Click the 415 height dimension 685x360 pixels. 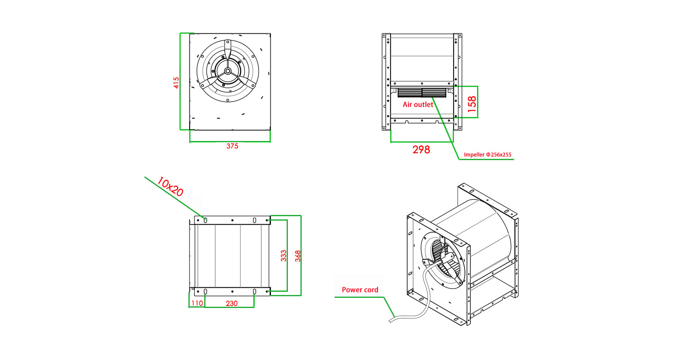(176, 82)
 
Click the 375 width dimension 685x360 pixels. (232, 146)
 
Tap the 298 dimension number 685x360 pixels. (421, 150)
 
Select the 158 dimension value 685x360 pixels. (472, 104)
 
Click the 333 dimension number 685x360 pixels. (283, 256)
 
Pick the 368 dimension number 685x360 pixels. (298, 256)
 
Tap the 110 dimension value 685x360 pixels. (197, 303)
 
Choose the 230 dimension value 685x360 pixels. (231, 303)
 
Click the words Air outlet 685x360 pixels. (418, 104)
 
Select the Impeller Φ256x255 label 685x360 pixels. (488, 155)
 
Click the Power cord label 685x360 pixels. (360, 290)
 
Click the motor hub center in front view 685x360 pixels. (228, 71)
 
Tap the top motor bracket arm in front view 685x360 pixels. (228, 51)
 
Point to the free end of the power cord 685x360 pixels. (391, 321)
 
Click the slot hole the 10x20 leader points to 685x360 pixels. (205, 220)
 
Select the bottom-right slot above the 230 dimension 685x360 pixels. (254, 291)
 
